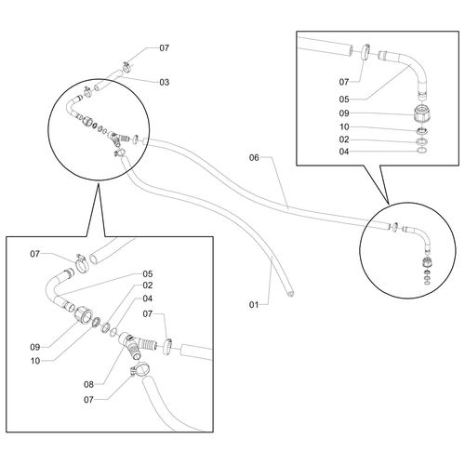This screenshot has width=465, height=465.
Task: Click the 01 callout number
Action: pos(254,305)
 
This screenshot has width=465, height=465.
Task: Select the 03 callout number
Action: pos(165,82)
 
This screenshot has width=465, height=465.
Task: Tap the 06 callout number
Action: pos(254,158)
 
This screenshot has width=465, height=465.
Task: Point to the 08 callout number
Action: pos(88,384)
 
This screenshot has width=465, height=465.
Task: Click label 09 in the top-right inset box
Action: pos(344,113)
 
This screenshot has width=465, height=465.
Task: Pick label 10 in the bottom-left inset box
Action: pos(35,361)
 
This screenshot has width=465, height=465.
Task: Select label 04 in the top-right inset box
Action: pos(344,152)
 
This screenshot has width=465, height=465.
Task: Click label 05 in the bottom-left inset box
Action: pos(148,274)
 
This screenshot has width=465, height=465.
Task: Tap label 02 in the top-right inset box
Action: pos(344,139)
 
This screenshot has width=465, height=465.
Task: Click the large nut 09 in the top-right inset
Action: pos(422,114)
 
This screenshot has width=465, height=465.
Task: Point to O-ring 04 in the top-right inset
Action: pos(421,151)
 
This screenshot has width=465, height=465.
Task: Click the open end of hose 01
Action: pos(290,293)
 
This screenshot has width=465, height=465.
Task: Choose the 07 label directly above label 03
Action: pos(165,48)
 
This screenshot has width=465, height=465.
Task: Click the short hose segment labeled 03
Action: pos(107,81)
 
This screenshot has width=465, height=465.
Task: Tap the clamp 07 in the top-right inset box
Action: pos(365,51)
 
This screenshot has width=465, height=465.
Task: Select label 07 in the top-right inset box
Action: pos(344,82)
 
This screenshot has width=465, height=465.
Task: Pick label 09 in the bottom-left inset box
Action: pos(35,347)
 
